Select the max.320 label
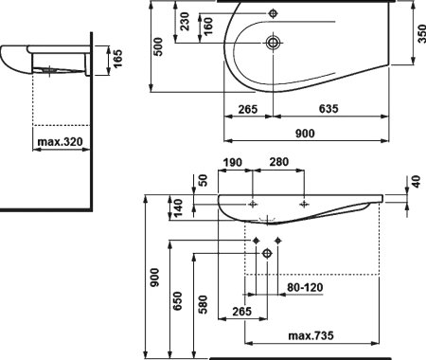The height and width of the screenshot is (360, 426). click(x=63, y=143)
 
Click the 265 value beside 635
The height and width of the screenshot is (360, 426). click(x=247, y=108)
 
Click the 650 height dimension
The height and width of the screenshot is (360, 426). click(x=177, y=300)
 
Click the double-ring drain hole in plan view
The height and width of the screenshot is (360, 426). click(x=273, y=43)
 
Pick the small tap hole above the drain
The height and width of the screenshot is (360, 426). click(x=273, y=13)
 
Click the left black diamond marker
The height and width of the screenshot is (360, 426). click(x=256, y=242)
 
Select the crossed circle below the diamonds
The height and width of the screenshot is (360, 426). click(x=266, y=253)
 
